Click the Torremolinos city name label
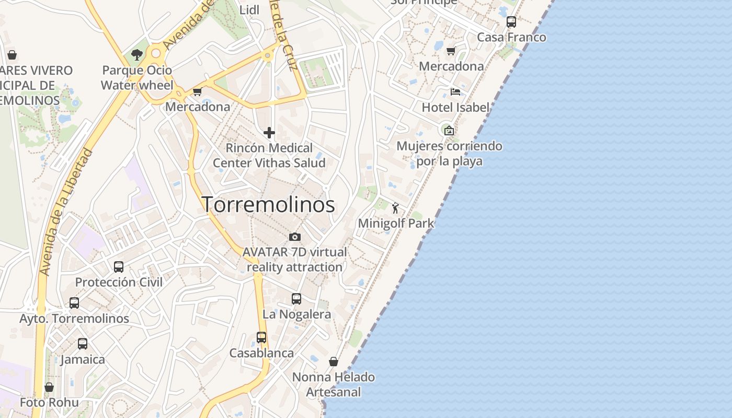[268, 204]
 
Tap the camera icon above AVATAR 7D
[295, 237]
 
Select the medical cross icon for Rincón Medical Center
[269, 133]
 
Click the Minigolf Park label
[396, 223]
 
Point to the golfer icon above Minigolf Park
[395, 208]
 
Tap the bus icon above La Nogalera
[296, 299]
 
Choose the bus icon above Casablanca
[261, 338]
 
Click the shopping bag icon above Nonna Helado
[334, 362]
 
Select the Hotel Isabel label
[455, 107]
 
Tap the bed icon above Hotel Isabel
[455, 92]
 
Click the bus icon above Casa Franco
[511, 22]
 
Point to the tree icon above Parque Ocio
[137, 54]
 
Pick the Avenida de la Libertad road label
[66, 212]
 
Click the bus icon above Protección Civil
[119, 267]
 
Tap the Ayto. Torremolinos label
[74, 318]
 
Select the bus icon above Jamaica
[83, 344]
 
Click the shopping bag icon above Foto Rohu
[49, 387]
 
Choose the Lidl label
[249, 10]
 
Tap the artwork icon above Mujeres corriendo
[449, 131]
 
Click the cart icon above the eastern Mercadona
[451, 51]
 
